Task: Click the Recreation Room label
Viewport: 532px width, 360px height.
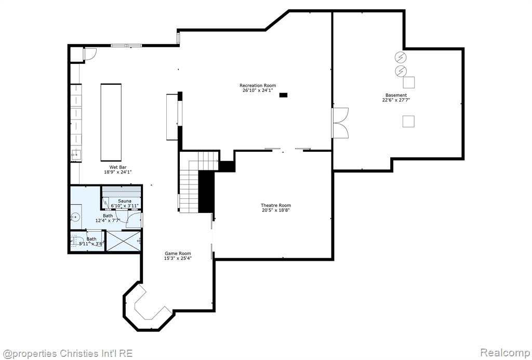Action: tap(258, 86)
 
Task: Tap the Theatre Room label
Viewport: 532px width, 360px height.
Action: tap(276, 205)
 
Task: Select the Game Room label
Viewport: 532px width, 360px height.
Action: tap(178, 254)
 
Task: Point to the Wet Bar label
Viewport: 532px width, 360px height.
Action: tap(118, 167)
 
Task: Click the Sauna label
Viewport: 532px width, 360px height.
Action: tap(125, 201)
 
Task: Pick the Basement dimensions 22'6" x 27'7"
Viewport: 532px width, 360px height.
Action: tap(396, 100)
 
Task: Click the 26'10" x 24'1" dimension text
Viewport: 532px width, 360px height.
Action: tap(258, 90)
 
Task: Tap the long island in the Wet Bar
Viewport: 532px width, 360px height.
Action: tap(111, 122)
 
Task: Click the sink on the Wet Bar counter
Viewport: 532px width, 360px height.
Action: tap(76, 155)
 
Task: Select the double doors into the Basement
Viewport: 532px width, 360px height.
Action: tap(340, 123)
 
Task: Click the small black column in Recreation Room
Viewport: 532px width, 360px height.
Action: tap(283, 95)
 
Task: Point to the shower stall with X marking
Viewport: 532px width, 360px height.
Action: tap(124, 241)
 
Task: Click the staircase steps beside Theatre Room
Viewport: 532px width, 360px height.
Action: tap(189, 191)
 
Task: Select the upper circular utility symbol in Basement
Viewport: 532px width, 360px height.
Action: tap(401, 57)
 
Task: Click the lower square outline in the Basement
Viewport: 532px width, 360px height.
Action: tap(408, 122)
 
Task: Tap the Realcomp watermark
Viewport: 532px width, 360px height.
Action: tap(505, 353)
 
